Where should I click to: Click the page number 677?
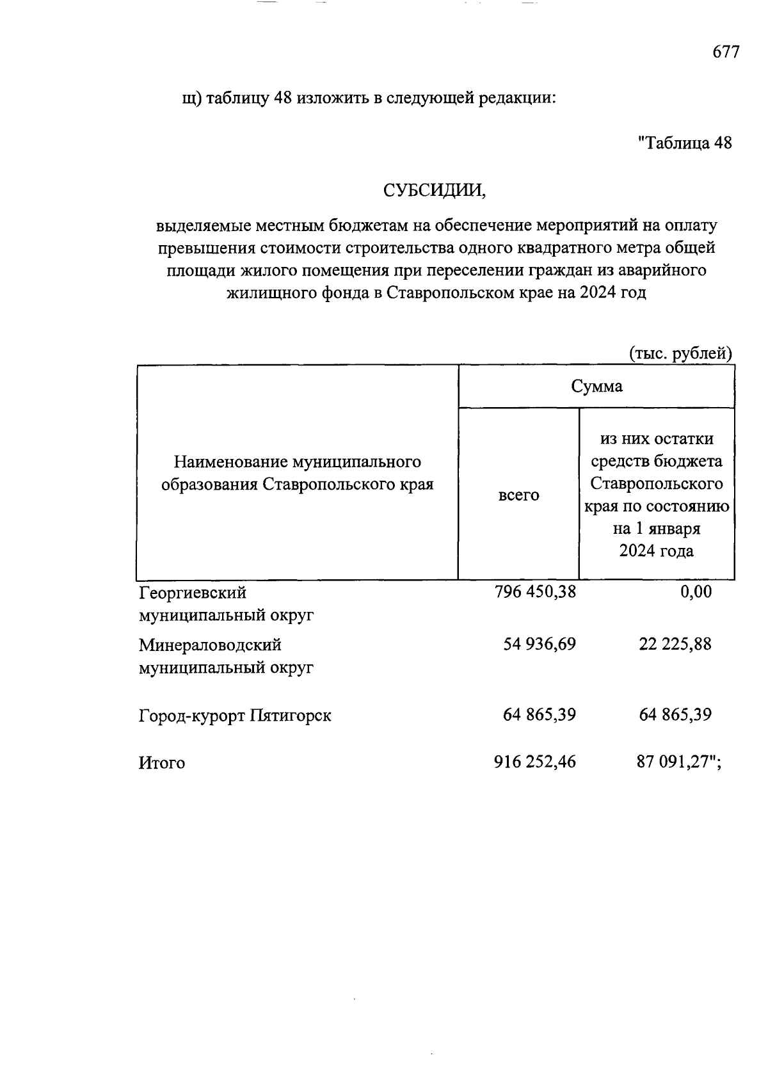tap(726, 52)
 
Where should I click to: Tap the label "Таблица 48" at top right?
tap(685, 143)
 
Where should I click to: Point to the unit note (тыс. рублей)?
tap(680, 353)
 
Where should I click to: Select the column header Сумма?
tap(596, 387)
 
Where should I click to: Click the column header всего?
tap(518, 495)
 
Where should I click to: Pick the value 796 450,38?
tap(535, 592)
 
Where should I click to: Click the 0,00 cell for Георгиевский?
tap(696, 592)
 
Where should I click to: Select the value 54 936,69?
tap(540, 644)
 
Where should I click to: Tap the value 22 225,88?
tap(675, 644)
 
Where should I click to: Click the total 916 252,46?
tap(535, 762)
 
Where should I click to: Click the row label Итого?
tap(162, 763)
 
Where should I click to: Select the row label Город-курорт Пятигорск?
tap(235, 716)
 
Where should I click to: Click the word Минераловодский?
tap(210, 645)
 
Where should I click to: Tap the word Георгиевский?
tap(193, 593)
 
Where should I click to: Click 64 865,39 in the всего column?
tap(540, 714)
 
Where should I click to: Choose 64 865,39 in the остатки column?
tap(675, 714)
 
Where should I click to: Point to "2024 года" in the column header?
tap(656, 551)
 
